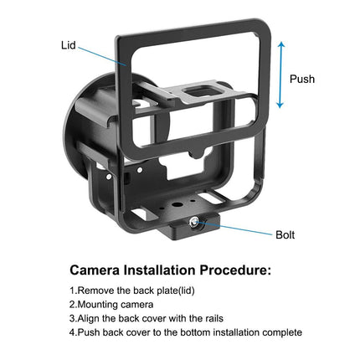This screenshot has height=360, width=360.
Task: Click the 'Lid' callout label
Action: coord(69,44)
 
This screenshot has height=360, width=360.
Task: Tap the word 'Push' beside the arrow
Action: coord(302,79)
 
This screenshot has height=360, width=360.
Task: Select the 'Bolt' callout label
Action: coord(285,235)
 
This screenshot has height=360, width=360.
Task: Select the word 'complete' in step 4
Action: coord(280,332)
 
